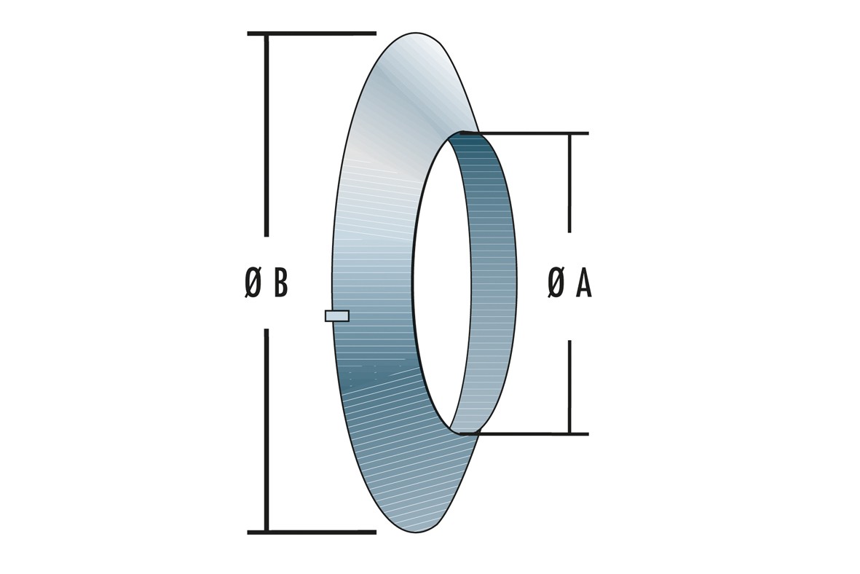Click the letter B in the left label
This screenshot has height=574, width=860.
(x=281, y=284)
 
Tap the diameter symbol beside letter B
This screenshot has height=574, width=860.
(x=253, y=284)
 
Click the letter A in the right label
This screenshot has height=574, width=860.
(x=584, y=284)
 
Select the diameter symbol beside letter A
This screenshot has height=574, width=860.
(x=556, y=284)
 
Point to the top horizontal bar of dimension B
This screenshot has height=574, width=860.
(x=312, y=34)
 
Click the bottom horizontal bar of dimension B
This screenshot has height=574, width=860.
(x=312, y=532)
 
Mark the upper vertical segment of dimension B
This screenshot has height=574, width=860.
(x=267, y=135)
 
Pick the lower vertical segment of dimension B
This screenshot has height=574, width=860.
(x=267, y=430)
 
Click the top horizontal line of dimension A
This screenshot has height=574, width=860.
(x=524, y=133)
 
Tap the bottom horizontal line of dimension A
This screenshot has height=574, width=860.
(x=524, y=434)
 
